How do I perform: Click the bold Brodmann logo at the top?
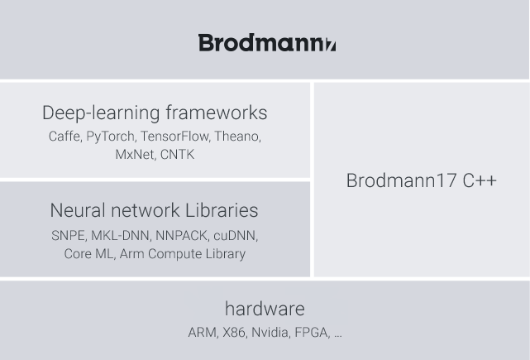pyautogui.click(x=267, y=43)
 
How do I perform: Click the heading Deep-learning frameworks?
pyautogui.click(x=155, y=113)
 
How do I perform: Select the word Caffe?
pyautogui.click(x=64, y=137)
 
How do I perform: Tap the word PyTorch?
pyautogui.click(x=110, y=137)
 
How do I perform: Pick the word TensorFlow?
pyautogui.click(x=174, y=137)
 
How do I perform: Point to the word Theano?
pyautogui.click(x=236, y=137)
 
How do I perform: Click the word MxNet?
pyautogui.click(x=134, y=155)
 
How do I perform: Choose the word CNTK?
pyautogui.click(x=177, y=155)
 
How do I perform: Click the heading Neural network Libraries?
pyautogui.click(x=154, y=210)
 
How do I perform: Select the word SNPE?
pyautogui.click(x=68, y=236)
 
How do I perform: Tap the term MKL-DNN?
pyautogui.click(x=120, y=236)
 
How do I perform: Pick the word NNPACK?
pyautogui.click(x=181, y=236)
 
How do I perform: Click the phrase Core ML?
pyautogui.click(x=88, y=254)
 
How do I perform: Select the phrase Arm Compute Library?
pyautogui.click(x=183, y=254)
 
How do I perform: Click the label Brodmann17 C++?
pyautogui.click(x=422, y=180)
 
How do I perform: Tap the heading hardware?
pyautogui.click(x=265, y=309)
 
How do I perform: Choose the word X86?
pyautogui.click(x=234, y=333)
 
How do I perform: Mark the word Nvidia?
pyautogui.click(x=270, y=333)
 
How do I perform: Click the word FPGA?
pyautogui.click(x=311, y=333)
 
